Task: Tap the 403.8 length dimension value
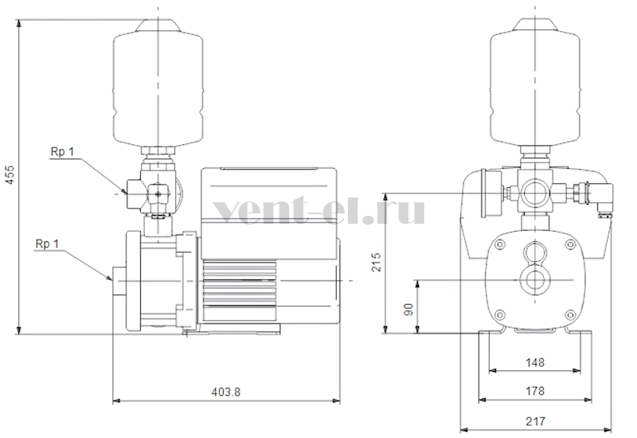226,392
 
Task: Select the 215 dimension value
377,262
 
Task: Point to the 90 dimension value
408,310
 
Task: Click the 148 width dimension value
534,362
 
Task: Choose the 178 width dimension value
534,391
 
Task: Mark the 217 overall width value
535,421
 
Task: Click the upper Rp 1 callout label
63,151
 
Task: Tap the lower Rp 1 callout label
47,244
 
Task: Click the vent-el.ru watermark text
319,209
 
